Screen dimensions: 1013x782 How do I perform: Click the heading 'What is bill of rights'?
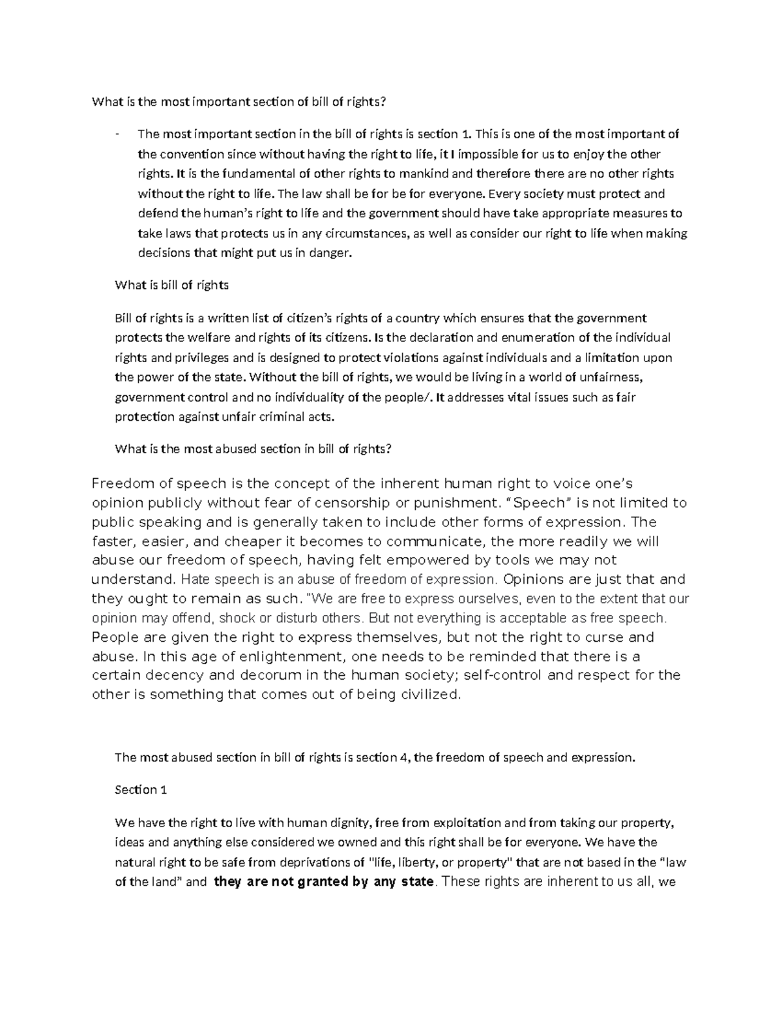coord(171,285)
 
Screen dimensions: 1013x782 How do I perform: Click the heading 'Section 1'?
coord(141,790)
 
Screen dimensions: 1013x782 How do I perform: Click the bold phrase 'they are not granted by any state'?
coord(324,883)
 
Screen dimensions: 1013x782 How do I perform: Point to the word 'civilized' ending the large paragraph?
coord(431,695)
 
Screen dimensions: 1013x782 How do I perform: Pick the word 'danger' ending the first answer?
coord(332,253)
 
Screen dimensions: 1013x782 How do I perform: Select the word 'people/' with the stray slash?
coord(411,397)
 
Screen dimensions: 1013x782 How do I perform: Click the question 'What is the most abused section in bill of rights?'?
coord(253,449)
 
